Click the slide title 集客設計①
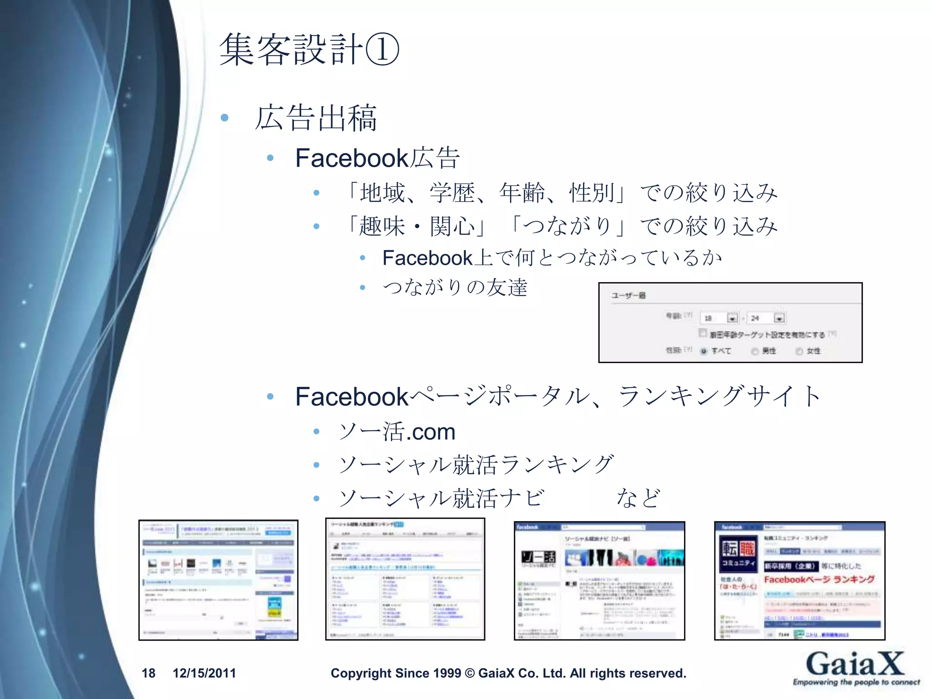[309, 49]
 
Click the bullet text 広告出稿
[316, 118]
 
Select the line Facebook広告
[377, 158]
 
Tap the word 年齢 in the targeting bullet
[522, 192]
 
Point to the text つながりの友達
[455, 288]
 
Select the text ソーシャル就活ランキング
[476, 465]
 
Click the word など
[638, 498]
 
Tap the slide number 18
[148, 673]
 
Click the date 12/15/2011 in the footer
[204, 673]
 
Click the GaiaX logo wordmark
[855, 664]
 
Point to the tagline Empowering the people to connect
[856, 682]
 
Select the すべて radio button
[704, 351]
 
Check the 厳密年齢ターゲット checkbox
[703, 334]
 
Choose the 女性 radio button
[799, 351]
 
